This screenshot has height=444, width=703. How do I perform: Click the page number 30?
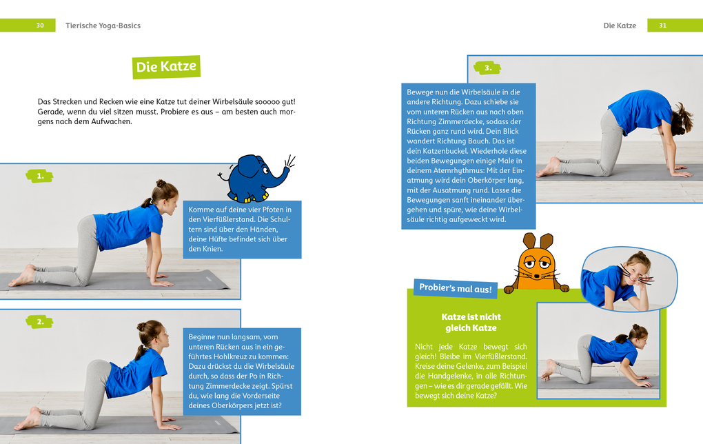tap(40, 26)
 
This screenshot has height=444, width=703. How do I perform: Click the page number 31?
tap(662, 26)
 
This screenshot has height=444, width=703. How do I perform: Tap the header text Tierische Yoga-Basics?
tap(103, 26)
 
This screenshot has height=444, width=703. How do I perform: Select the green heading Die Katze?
tap(166, 67)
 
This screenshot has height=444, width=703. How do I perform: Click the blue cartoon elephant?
tap(252, 177)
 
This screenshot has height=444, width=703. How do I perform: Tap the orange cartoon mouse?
tap(536, 265)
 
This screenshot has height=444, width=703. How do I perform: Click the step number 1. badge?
tap(40, 176)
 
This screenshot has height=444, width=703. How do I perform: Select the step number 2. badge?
tap(40, 321)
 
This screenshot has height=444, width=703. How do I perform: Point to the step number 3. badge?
tap(487, 68)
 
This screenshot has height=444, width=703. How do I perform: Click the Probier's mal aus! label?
tap(456, 288)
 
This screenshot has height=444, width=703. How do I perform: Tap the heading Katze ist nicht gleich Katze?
tap(471, 322)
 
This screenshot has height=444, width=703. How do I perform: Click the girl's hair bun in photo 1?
tap(161, 184)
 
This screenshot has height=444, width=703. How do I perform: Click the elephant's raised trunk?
tap(283, 172)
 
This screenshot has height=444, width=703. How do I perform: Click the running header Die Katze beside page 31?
tap(620, 26)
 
